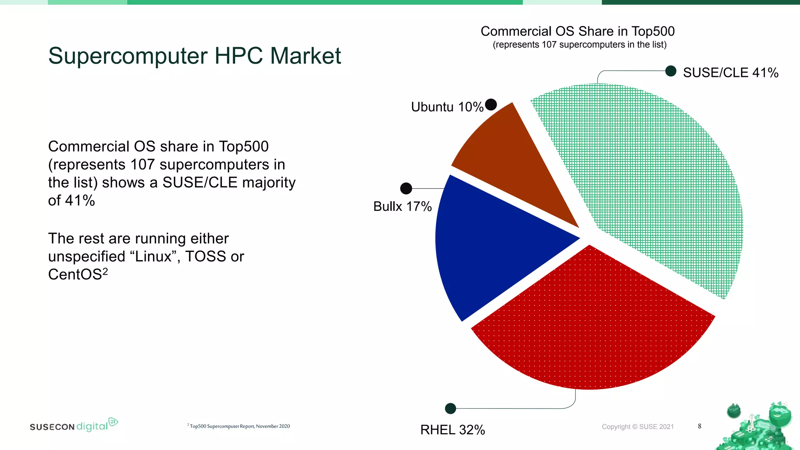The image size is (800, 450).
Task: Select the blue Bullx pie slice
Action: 492,246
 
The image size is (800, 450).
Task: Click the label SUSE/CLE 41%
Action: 730,73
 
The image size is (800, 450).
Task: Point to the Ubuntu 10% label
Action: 447,107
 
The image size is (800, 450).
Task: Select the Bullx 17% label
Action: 402,206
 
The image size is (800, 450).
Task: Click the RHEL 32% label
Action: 452,430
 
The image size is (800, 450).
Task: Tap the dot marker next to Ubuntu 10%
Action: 491,105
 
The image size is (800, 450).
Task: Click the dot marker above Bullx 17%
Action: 406,188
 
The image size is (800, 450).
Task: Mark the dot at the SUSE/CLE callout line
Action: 671,71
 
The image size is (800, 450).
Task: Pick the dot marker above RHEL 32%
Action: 450,409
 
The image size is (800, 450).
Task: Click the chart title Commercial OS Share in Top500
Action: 577,31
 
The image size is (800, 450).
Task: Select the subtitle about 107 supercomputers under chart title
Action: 579,45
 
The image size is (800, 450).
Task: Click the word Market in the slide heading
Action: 305,56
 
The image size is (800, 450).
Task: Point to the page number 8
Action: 700,426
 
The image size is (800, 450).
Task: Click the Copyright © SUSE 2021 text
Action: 637,427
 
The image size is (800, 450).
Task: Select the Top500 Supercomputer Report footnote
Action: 239,426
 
